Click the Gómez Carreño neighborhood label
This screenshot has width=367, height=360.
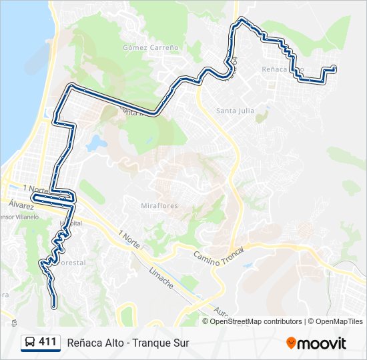coord(151,48)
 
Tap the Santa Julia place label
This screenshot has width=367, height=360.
coord(232,111)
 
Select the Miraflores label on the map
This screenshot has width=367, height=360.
coord(159,206)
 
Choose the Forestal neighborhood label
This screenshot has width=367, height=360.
coord(70,263)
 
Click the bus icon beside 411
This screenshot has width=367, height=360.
coord(31,343)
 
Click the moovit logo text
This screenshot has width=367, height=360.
coord(322,343)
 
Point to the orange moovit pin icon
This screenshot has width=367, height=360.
coord(291,343)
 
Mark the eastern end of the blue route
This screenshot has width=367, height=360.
coord(333,69)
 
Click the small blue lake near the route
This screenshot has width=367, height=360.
coord(97,142)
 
